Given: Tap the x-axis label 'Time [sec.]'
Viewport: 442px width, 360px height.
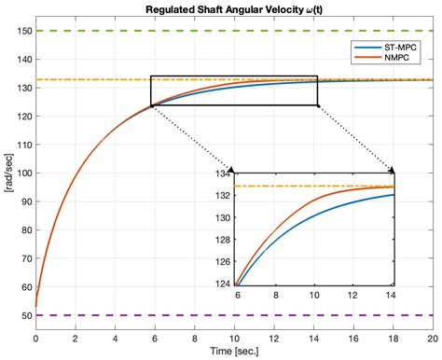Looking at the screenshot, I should [x=233, y=353].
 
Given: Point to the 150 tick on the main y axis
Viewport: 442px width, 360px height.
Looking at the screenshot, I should [x=22, y=31].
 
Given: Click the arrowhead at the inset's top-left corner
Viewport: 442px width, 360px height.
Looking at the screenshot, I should [x=231, y=169].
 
